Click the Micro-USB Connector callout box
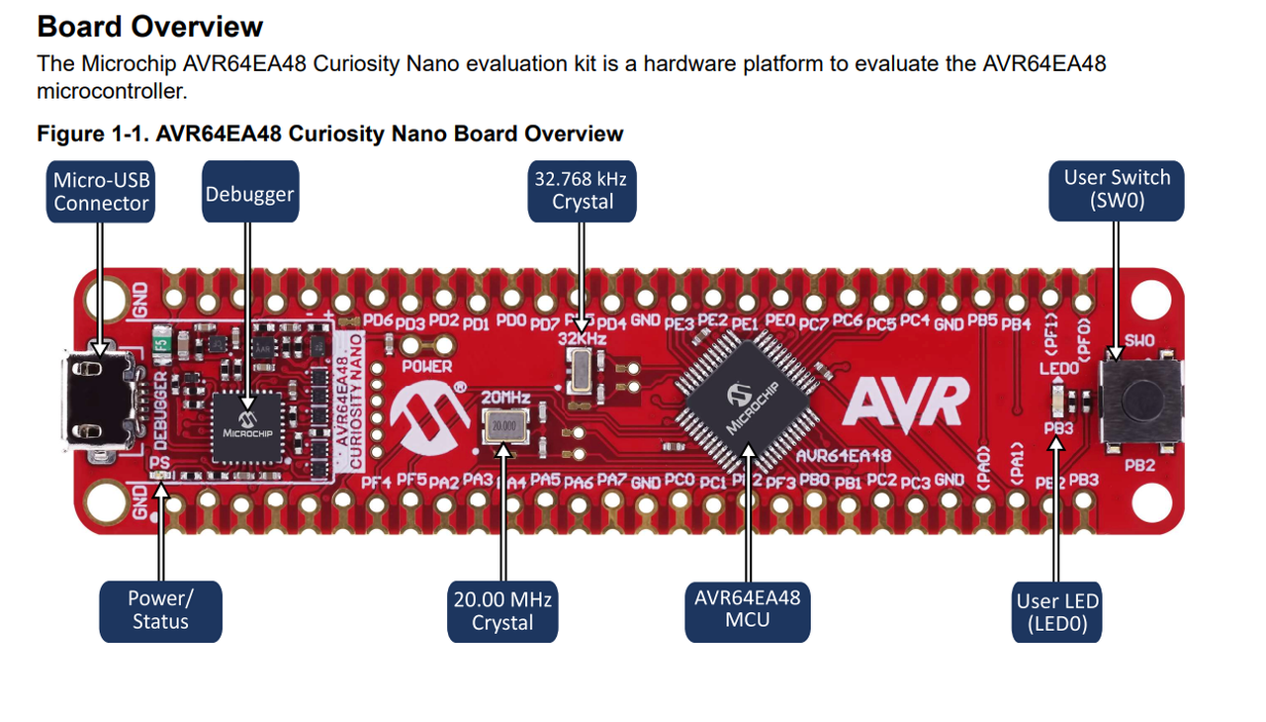point(101,192)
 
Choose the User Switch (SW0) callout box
point(1117,190)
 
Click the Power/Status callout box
point(160,610)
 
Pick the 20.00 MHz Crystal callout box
point(502,610)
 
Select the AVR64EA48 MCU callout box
point(747,609)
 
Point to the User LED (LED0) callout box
point(1057,612)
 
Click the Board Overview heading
point(150,27)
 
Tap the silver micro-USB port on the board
point(98,400)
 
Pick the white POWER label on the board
point(427,366)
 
